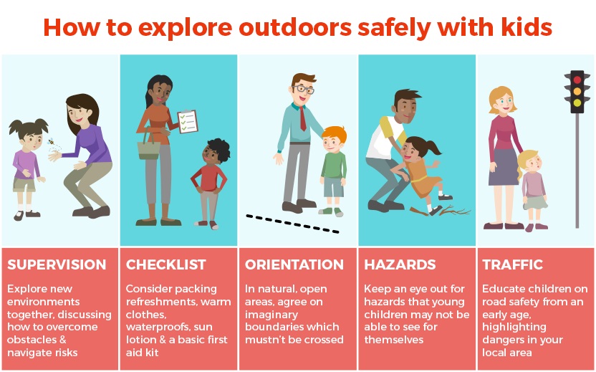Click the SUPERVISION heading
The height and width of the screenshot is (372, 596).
57,264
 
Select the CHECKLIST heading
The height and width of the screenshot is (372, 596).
166,264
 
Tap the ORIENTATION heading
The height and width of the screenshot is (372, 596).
294,264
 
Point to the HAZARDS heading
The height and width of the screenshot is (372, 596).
400,264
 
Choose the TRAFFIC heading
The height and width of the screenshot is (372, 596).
513,264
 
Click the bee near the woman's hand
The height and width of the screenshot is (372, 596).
51,142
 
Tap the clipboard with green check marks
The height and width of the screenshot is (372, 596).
188,122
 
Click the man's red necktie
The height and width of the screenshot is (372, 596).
302,119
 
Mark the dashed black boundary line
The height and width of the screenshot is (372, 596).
292,224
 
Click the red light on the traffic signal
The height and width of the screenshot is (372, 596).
577,80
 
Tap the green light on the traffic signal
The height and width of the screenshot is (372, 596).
577,102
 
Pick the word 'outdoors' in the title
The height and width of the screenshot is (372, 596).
295,27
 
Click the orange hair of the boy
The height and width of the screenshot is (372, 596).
335,133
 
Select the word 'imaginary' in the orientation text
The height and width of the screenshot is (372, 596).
271,315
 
